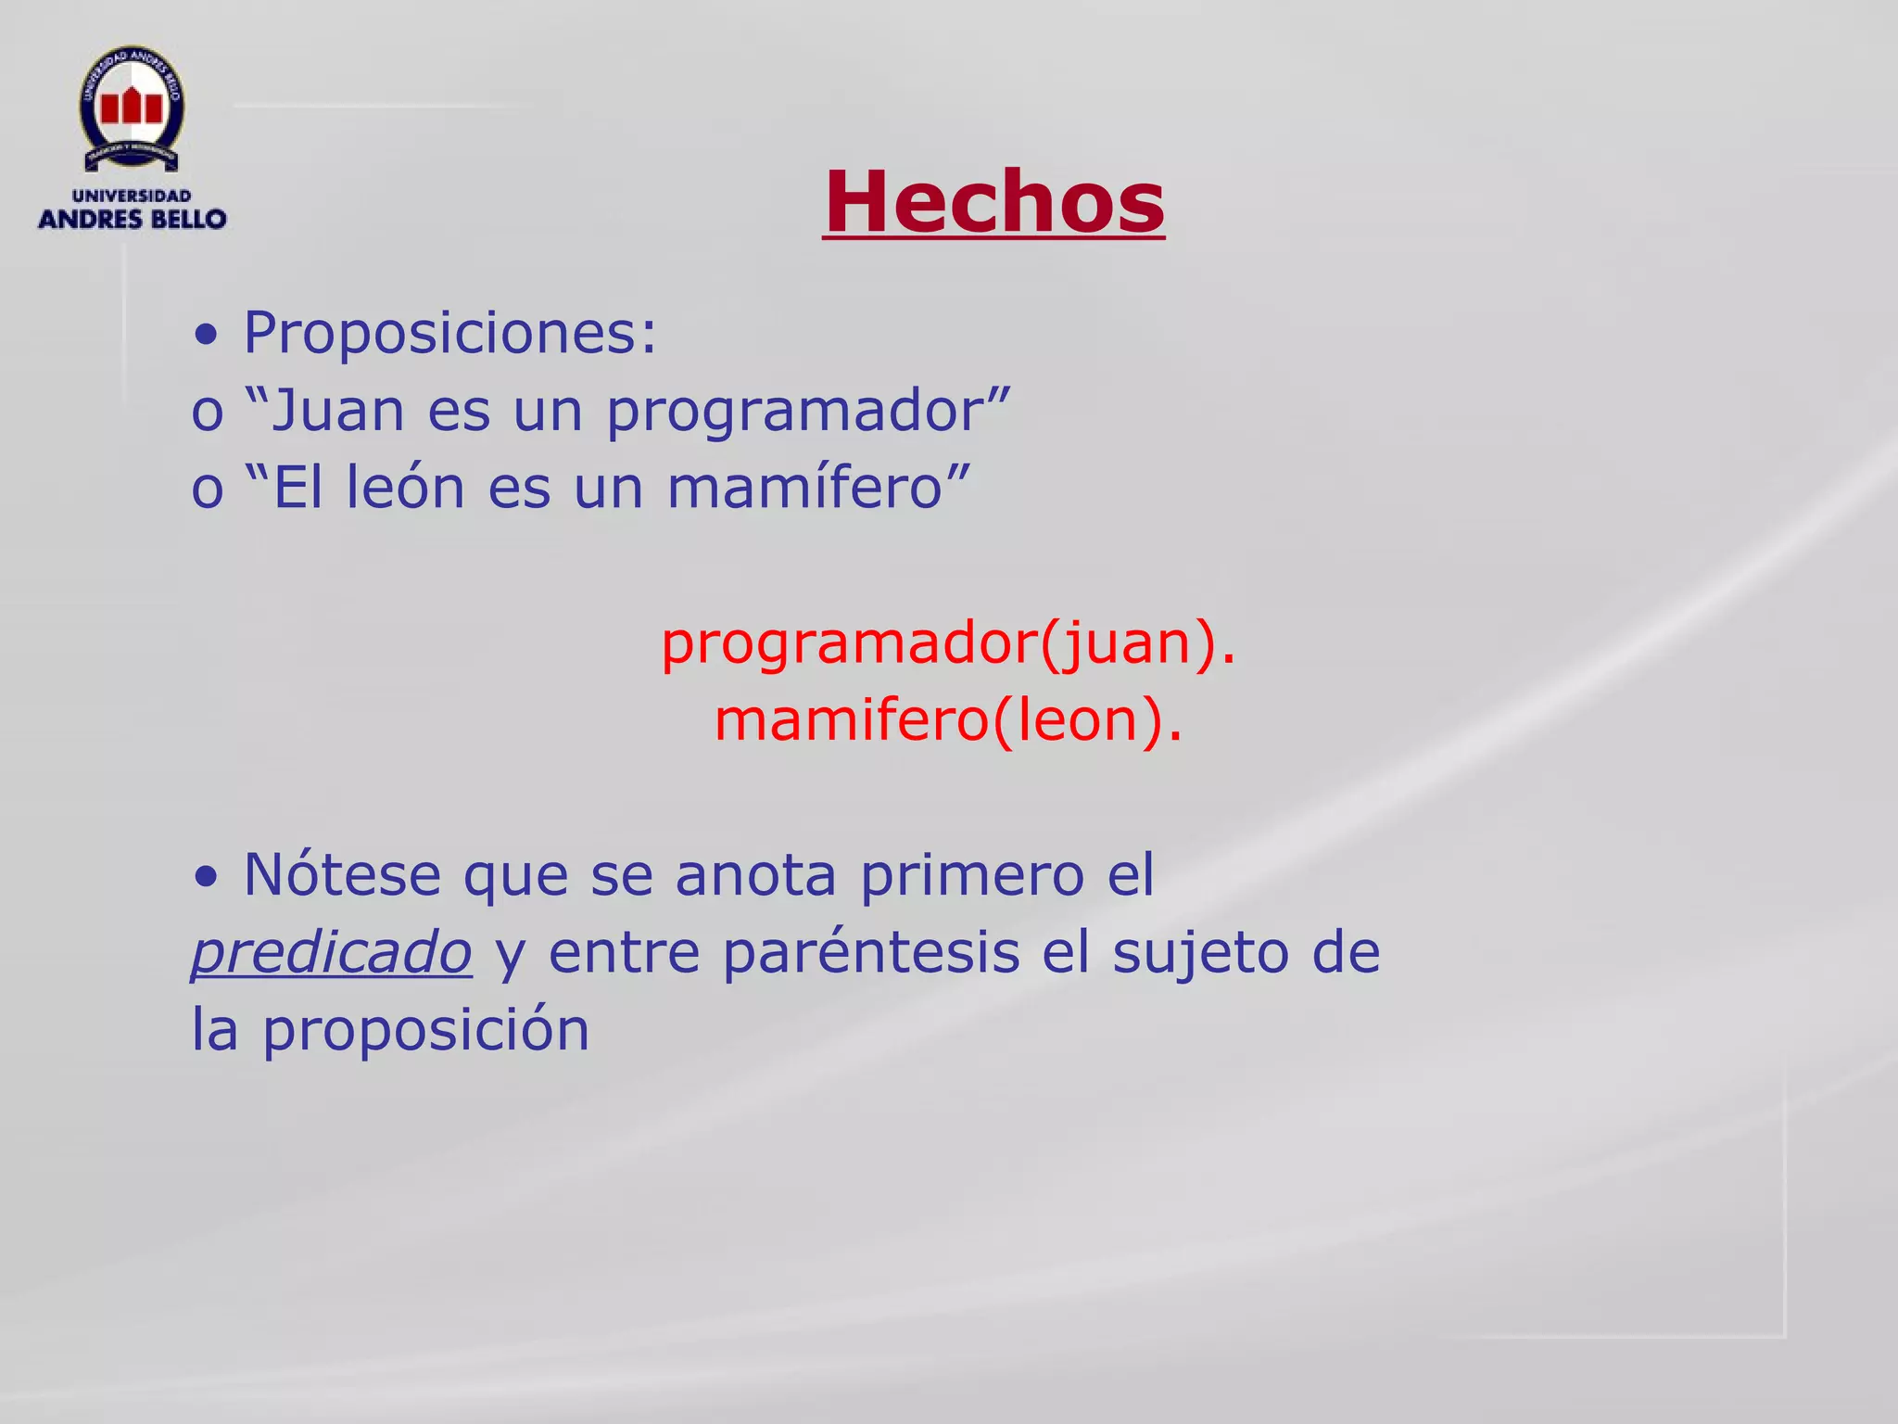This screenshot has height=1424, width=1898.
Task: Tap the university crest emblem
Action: [x=132, y=108]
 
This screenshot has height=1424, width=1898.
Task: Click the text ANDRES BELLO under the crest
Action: [x=132, y=220]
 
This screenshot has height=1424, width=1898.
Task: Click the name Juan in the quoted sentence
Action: [x=337, y=410]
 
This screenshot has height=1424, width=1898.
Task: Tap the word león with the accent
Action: [x=405, y=488]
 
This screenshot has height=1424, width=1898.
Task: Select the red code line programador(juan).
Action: [x=948, y=643]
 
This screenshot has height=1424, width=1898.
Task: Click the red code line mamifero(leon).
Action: [x=948, y=720]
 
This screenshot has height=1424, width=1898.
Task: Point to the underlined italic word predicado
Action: [x=332, y=954]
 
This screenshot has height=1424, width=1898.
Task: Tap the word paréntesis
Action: [x=870, y=953]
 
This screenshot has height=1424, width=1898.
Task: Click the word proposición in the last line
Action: [x=425, y=1031]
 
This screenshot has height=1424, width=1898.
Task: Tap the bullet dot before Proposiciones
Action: [x=207, y=336]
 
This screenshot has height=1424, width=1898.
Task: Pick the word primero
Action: [x=971, y=875]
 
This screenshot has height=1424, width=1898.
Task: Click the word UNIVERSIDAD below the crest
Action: [x=132, y=196]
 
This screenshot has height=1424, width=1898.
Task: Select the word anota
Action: [x=755, y=875]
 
